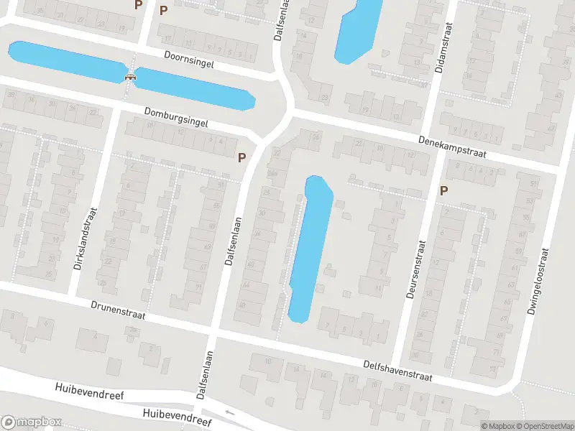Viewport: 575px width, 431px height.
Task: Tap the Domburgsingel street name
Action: click(175, 118)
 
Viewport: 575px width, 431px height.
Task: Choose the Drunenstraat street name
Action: click(120, 310)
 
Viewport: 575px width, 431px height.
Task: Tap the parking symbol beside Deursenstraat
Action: click(443, 190)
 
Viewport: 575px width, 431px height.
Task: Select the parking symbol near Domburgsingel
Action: click(241, 157)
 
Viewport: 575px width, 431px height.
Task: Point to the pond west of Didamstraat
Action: click(358, 29)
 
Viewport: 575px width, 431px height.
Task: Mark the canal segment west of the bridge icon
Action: click(65, 62)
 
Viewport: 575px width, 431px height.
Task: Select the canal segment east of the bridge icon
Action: click(194, 89)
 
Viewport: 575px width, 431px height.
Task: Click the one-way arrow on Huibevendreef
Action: click(229, 412)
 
